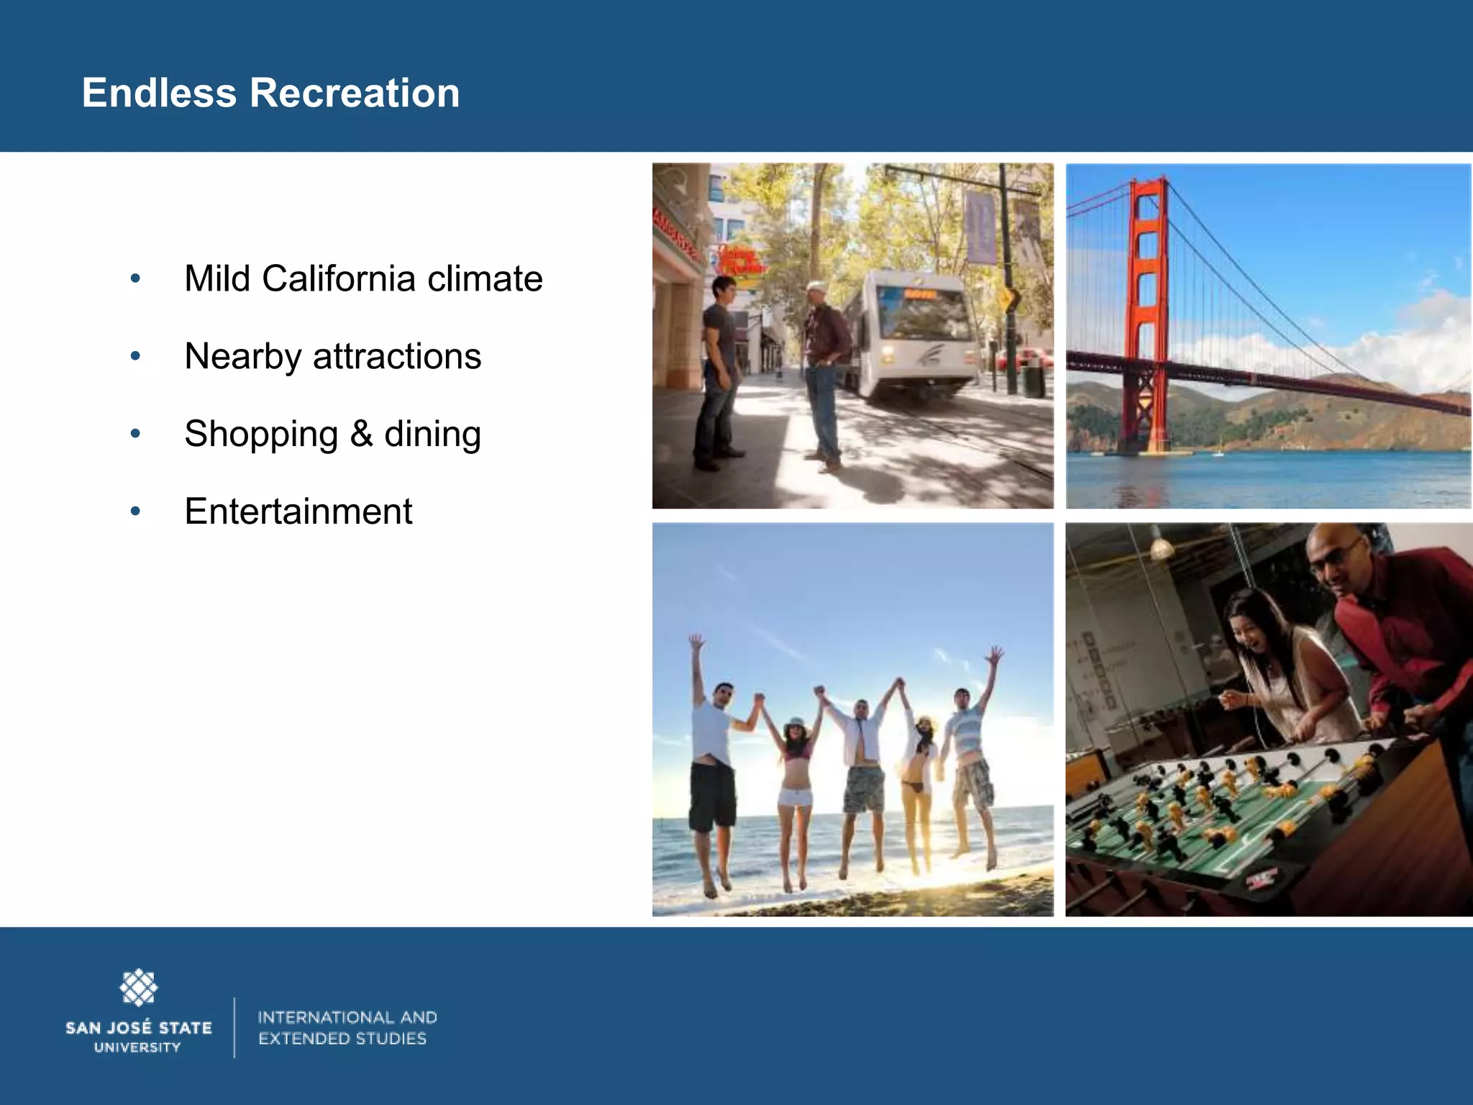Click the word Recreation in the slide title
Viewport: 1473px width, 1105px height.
(x=355, y=94)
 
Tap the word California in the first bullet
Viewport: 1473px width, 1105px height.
(x=339, y=279)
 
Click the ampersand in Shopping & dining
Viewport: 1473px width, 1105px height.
(x=361, y=434)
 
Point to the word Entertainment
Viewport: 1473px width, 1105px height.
(x=298, y=511)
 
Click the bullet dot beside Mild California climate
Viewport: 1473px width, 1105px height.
(x=135, y=279)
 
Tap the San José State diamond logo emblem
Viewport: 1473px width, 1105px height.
(x=138, y=987)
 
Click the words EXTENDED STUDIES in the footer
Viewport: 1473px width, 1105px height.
(x=342, y=1039)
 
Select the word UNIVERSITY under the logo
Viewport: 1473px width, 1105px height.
(x=137, y=1048)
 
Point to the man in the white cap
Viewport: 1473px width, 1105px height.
(x=824, y=367)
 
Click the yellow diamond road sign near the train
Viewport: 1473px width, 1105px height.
(x=1008, y=298)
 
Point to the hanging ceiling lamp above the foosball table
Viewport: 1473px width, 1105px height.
(x=1161, y=550)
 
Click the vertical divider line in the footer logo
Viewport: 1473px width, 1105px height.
(x=234, y=1027)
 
